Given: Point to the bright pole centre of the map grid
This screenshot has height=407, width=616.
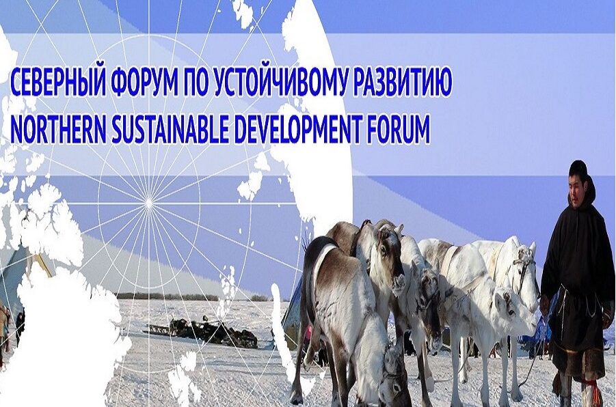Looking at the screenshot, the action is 149,203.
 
